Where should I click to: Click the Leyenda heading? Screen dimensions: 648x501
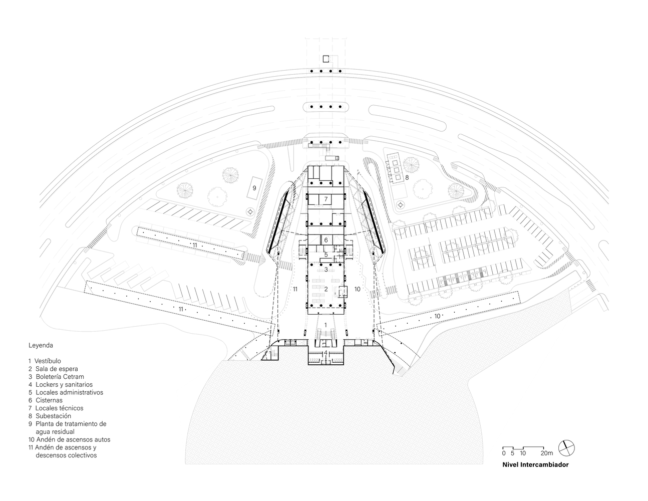41,345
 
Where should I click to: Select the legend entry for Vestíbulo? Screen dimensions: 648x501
45,361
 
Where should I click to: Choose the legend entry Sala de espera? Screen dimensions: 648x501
54,369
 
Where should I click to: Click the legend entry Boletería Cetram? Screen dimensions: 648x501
57,377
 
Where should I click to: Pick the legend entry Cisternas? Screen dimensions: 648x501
46,400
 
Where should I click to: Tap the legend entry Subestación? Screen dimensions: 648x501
50,416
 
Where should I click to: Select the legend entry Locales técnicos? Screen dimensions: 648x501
56,408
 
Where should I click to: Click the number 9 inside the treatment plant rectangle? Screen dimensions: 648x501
254,188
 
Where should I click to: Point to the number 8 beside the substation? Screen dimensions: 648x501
407,178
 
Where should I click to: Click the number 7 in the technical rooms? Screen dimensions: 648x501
326,199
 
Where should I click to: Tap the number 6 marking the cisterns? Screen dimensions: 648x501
326,240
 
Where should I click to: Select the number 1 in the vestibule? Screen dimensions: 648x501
326,325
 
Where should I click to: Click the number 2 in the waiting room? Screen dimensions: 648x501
326,289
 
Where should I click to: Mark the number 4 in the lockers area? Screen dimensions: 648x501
326,353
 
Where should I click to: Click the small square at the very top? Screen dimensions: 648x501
326,59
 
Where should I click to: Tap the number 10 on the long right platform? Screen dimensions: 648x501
437,316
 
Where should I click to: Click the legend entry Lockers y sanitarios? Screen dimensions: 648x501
61,384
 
